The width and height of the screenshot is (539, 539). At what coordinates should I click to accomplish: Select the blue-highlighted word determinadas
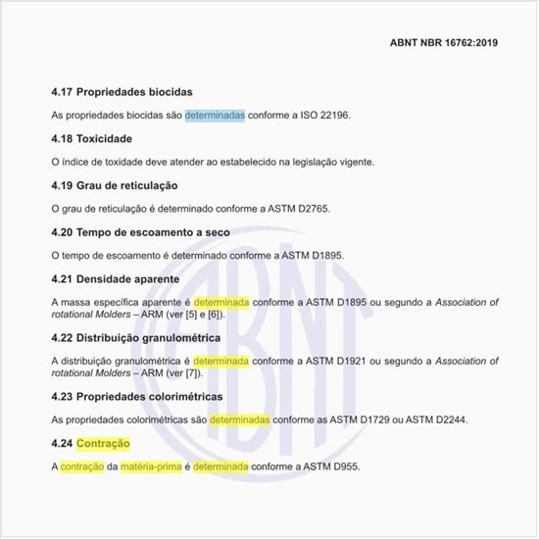[215, 115]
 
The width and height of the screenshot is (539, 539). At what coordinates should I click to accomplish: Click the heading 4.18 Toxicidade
[91, 138]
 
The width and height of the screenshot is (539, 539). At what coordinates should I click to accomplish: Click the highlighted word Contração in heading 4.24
[103, 443]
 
